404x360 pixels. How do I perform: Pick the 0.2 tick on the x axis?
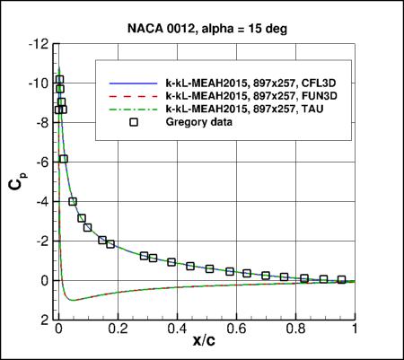(117, 329)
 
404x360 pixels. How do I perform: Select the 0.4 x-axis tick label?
(176, 329)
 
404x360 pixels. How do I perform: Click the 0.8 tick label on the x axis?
(295, 329)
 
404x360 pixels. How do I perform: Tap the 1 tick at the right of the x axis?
(356, 329)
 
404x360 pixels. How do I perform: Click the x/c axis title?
(206, 346)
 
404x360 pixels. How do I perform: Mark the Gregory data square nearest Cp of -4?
(73, 202)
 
